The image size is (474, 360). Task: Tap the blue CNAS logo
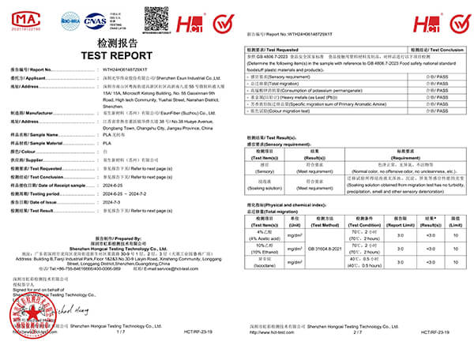click(94, 17)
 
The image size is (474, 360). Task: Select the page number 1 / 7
click(121, 333)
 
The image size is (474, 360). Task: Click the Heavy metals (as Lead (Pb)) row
click(316, 99)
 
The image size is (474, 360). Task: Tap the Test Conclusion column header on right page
click(437, 49)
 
